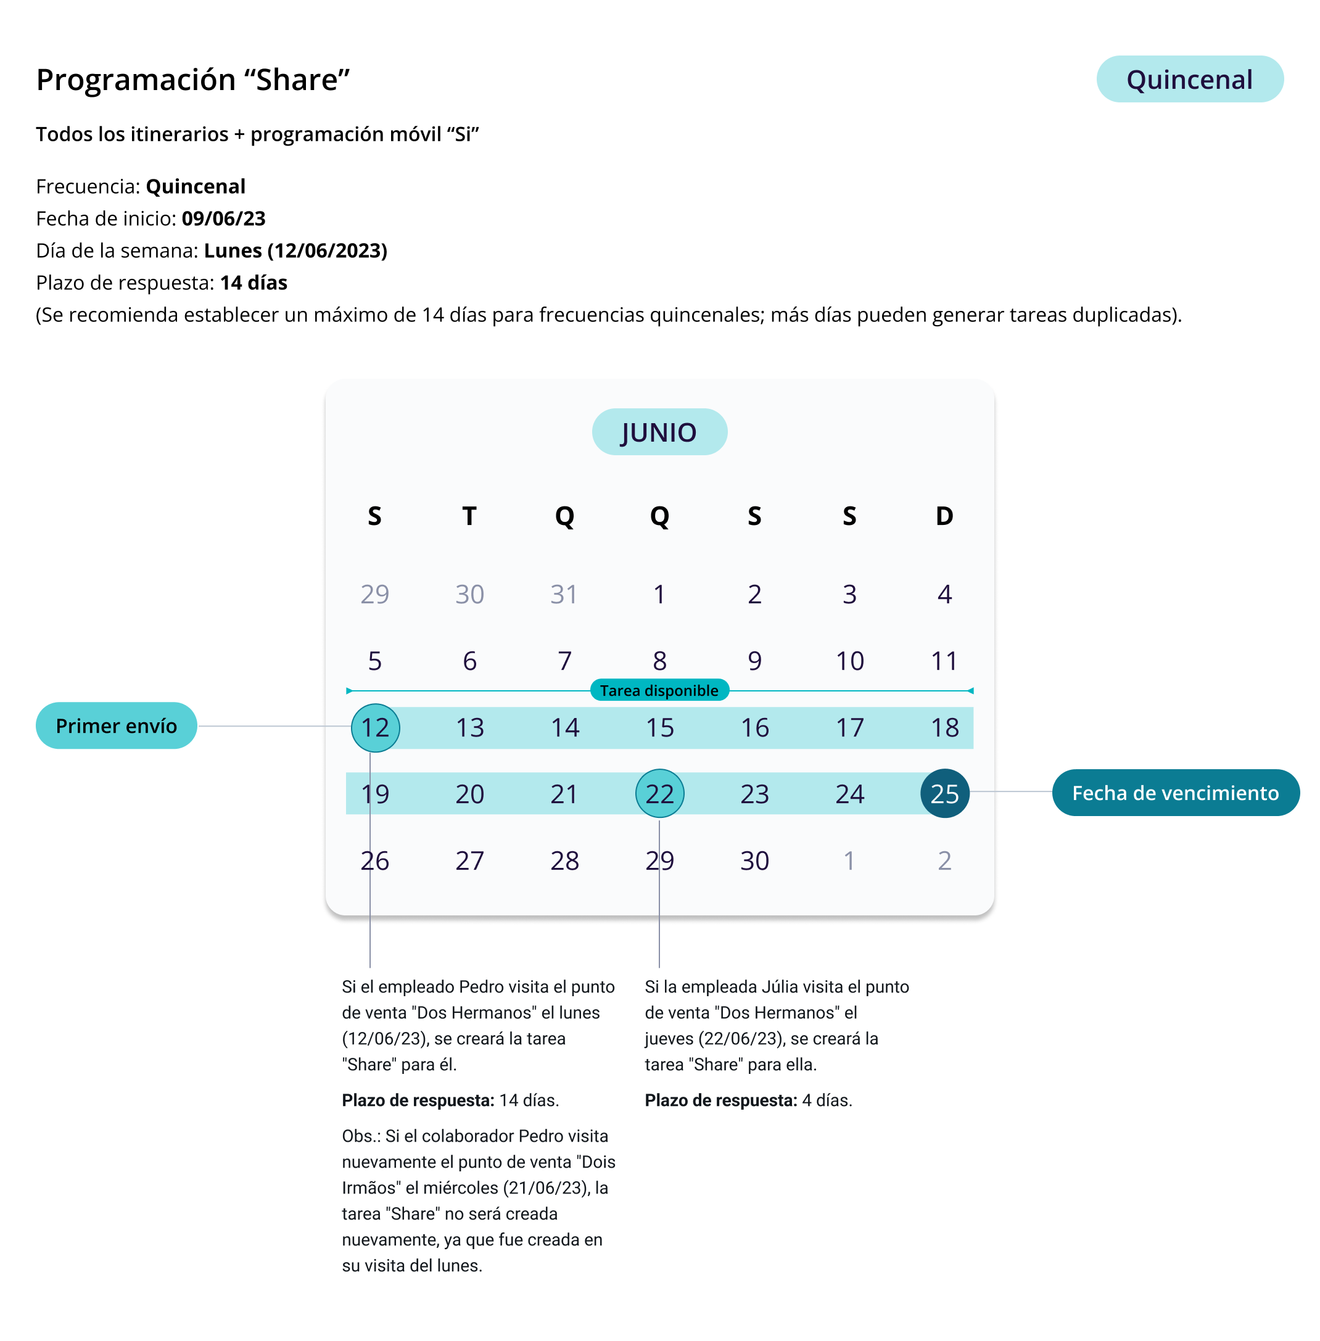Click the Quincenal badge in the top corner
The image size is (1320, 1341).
[x=1189, y=80]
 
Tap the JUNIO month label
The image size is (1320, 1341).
[x=659, y=432]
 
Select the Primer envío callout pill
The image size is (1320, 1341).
[x=117, y=725]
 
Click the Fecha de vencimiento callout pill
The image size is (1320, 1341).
[x=1175, y=793]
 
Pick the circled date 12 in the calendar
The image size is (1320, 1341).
[x=375, y=727]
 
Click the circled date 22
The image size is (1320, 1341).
[x=659, y=793]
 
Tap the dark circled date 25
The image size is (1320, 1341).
[x=944, y=793]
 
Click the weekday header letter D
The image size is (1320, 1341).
[x=944, y=516]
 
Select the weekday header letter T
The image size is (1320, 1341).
[x=469, y=516]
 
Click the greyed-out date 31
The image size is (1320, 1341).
[x=564, y=594]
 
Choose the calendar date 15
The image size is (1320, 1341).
[x=659, y=727]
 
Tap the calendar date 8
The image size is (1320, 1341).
[x=659, y=661]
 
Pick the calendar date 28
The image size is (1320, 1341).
[x=564, y=860]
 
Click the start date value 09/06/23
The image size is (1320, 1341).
[x=223, y=218]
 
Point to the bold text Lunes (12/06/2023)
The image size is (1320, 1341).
[x=295, y=250]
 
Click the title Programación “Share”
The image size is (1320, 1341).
[x=192, y=80]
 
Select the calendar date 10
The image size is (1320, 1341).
[x=849, y=661]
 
